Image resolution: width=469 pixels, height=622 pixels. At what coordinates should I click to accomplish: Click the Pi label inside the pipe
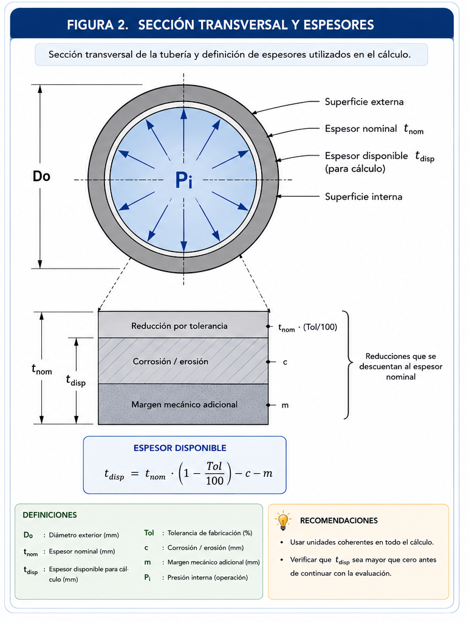pos(183,180)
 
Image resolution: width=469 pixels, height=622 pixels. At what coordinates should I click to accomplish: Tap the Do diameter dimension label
pos(41,176)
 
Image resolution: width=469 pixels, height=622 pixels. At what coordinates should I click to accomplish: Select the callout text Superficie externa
pos(364,102)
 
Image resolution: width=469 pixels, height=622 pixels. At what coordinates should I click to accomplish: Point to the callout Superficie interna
pos(363,197)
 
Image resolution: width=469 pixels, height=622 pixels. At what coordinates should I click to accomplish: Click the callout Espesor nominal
pos(361,129)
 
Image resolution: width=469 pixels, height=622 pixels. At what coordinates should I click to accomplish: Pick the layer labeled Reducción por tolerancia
pos(183,325)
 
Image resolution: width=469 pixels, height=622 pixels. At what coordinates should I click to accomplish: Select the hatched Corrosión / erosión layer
pos(183,361)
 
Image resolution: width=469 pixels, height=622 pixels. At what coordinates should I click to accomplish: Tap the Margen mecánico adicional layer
pos(183,404)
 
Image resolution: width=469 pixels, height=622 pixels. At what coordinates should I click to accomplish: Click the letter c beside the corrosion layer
pos(285,362)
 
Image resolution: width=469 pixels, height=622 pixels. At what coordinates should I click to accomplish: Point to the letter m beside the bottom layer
pos(285,405)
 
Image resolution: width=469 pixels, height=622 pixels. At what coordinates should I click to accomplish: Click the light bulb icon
pos(283,521)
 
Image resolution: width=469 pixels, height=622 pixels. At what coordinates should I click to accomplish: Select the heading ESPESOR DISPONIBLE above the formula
pos(180,448)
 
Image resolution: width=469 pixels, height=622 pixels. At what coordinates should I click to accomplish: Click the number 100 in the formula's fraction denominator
pos(214,481)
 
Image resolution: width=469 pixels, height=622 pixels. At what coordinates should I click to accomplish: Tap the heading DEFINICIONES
pos(50,515)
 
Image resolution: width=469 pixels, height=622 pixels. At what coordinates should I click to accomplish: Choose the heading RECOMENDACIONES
pos(339,521)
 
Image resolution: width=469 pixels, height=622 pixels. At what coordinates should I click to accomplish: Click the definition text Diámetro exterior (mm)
pos(84,535)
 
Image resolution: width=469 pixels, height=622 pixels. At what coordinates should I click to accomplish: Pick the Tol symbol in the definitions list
pos(149,533)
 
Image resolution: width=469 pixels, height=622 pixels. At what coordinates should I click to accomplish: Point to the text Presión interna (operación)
pos(208,578)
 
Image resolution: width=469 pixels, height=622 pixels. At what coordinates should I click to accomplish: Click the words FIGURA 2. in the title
pos(98,25)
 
